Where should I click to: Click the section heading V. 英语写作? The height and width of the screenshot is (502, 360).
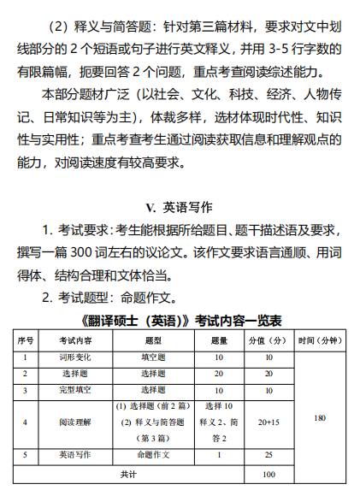click(x=180, y=207)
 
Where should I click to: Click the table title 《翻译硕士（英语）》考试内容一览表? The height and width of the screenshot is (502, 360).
click(x=180, y=322)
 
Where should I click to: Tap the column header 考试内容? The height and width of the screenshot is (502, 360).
click(x=74, y=340)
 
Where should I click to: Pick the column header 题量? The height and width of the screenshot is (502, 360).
click(x=219, y=340)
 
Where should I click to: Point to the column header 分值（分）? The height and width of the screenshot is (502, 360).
click(x=269, y=340)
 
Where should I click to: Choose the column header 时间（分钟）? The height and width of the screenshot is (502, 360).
click(x=319, y=340)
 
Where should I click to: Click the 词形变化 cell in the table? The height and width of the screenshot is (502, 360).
click(x=74, y=357)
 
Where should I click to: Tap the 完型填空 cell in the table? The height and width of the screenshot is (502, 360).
click(x=74, y=390)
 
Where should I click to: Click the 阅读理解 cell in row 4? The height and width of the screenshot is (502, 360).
click(x=74, y=422)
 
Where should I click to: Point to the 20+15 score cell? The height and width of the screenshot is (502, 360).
click(x=269, y=422)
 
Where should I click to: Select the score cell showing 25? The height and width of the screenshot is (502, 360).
click(x=269, y=454)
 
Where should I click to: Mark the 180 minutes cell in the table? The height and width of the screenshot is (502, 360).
click(x=319, y=418)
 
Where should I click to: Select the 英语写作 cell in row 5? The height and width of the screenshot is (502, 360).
click(x=74, y=454)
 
